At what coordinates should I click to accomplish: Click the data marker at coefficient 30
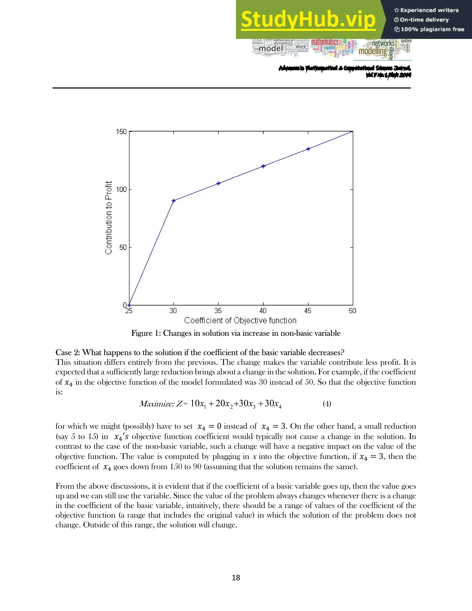click(174, 201)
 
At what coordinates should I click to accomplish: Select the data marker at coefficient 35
click(218, 184)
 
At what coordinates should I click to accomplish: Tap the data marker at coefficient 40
click(263, 166)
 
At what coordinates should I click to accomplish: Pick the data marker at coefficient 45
click(308, 149)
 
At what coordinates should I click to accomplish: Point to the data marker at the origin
click(129, 305)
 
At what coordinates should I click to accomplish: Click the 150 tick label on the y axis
click(121, 131)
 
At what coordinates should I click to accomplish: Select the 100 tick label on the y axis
click(121, 189)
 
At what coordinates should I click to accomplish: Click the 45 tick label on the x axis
click(308, 311)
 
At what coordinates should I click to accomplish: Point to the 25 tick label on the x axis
click(129, 311)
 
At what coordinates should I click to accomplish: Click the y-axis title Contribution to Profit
click(109, 218)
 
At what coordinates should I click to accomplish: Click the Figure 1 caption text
click(236, 333)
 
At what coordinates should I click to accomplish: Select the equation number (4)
click(327, 404)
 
